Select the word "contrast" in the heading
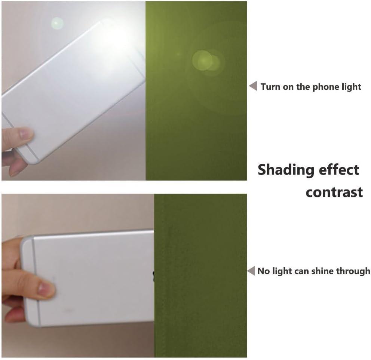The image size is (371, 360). click(334, 192)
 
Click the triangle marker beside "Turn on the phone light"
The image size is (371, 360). click(253, 86)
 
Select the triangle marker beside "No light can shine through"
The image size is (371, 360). click(251, 271)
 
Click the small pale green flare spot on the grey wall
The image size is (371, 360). click(57, 24)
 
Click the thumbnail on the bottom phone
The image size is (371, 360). click(45, 289)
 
